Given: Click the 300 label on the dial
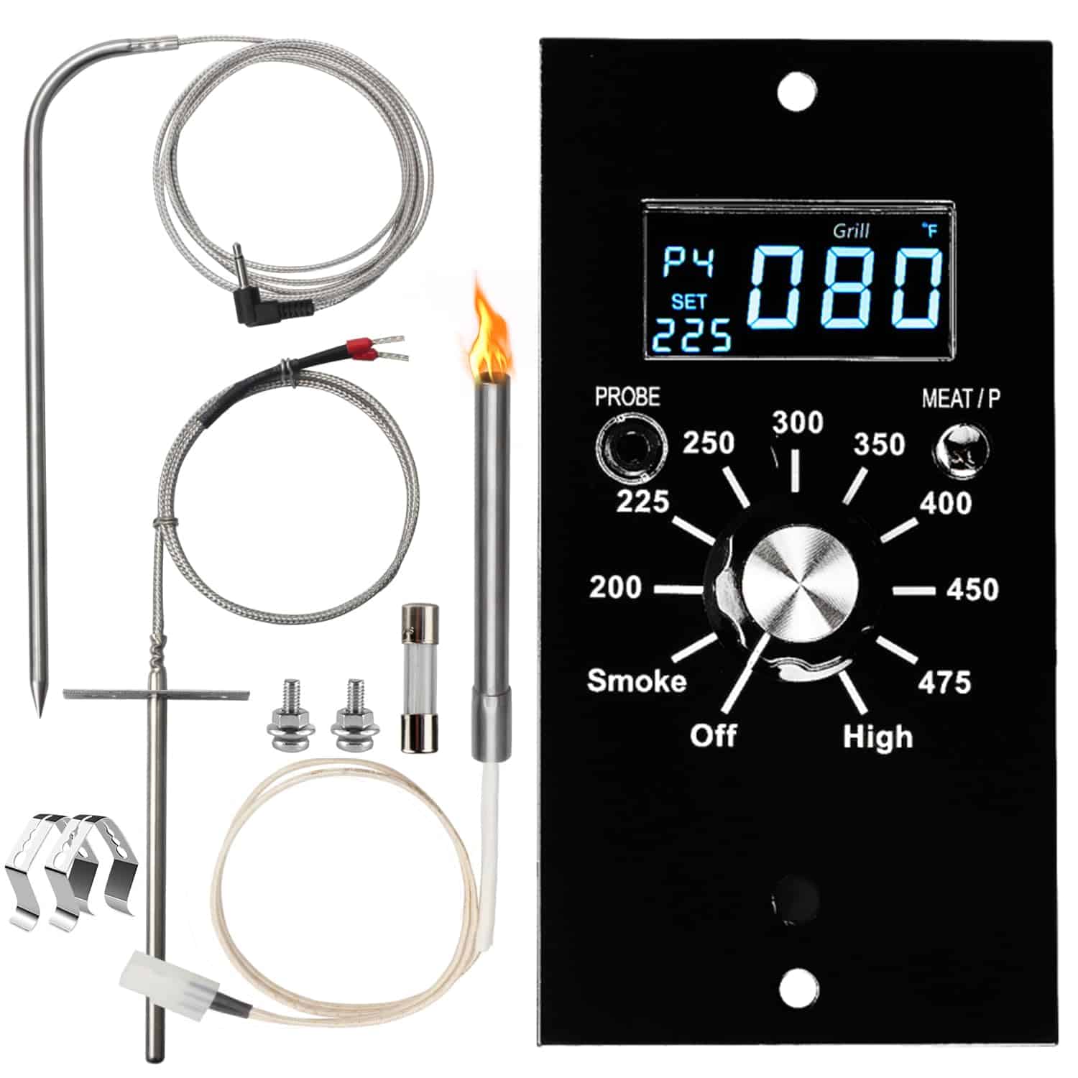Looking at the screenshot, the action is tap(798, 423).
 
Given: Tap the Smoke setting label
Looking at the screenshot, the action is tap(637, 680).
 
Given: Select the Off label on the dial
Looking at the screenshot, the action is tap(713, 735).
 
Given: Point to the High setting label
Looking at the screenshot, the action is tap(877, 737).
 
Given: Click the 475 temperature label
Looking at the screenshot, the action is tap(944, 681).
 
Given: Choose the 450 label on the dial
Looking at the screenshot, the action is tap(972, 589).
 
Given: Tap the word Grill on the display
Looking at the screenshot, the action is tap(851, 231).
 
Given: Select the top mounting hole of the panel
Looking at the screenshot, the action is tap(797, 91).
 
